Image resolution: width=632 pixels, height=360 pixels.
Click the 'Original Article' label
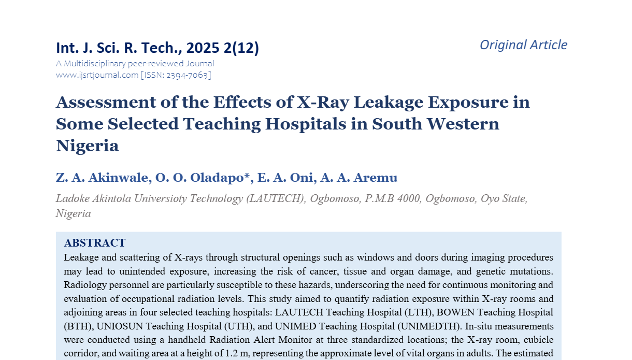tap(523, 45)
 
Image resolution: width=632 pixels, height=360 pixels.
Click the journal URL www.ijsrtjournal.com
tap(97, 75)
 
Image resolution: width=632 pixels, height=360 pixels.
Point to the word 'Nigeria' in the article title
tap(87, 146)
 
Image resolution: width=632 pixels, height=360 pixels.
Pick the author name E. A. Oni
tap(284, 178)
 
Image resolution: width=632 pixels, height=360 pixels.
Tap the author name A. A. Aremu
tap(359, 178)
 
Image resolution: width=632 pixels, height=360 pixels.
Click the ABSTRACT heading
tap(95, 243)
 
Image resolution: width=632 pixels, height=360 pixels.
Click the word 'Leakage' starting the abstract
tap(81, 257)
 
